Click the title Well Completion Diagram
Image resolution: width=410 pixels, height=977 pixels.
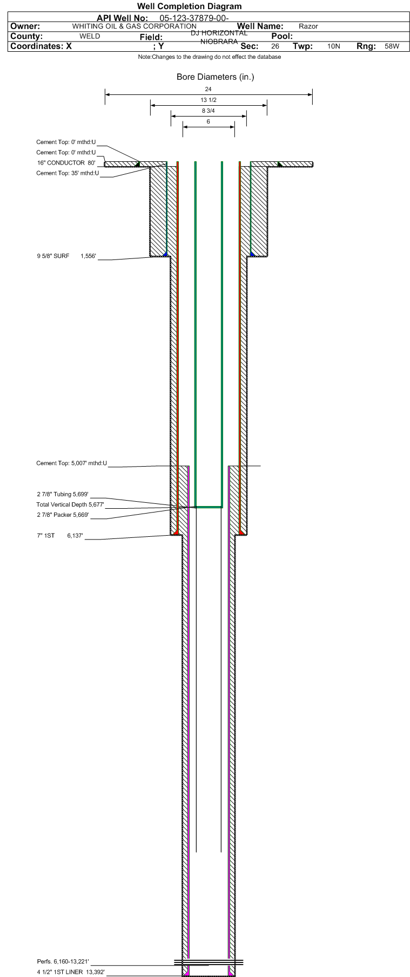(x=190, y=6)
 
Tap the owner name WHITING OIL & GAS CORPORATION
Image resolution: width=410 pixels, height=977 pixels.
(x=135, y=26)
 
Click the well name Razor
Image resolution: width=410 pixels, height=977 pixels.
(x=308, y=26)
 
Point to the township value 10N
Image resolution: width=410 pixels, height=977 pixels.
(x=333, y=47)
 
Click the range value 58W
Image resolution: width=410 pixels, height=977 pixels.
(x=392, y=47)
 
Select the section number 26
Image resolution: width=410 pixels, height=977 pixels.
(x=275, y=47)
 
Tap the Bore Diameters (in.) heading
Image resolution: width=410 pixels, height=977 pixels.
(x=216, y=77)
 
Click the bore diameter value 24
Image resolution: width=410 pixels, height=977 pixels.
(x=209, y=89)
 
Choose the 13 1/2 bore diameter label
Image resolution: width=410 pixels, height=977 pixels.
(x=209, y=100)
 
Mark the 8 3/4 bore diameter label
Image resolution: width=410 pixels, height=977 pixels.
(x=209, y=111)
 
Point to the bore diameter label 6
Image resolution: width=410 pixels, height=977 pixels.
(x=209, y=122)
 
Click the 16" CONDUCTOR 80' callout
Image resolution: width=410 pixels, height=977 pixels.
(x=66, y=163)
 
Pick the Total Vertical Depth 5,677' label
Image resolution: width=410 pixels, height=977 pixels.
(x=70, y=504)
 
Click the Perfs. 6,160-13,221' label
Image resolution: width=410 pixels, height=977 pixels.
(x=63, y=961)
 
